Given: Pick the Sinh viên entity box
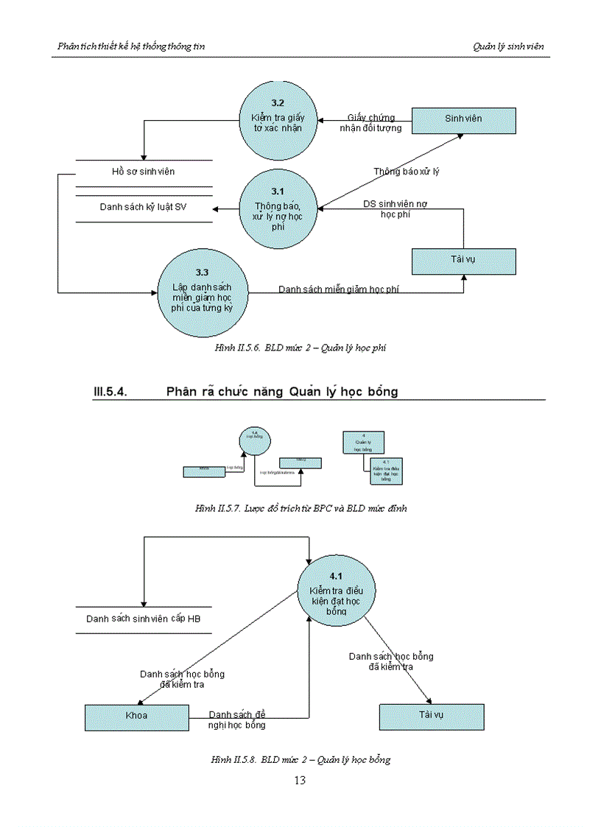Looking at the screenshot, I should pos(463,119).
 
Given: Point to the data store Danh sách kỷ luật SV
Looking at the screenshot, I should pos(144,207).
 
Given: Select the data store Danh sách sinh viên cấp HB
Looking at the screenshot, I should pos(144,619).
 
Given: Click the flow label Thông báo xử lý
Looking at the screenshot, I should pos(407,172).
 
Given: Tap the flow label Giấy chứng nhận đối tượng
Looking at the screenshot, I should pos(375,123).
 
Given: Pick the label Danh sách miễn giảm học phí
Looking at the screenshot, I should pos(340,289).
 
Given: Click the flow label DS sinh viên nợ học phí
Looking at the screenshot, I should pos(396,208).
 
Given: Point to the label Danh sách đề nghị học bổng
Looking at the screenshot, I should pos(237,719).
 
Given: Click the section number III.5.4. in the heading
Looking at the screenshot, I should pos(110,392).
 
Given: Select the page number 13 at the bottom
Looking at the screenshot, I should pos(300,781).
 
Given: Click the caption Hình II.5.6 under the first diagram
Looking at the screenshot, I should pos(300,348).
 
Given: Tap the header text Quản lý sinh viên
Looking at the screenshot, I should pos(508,46).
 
